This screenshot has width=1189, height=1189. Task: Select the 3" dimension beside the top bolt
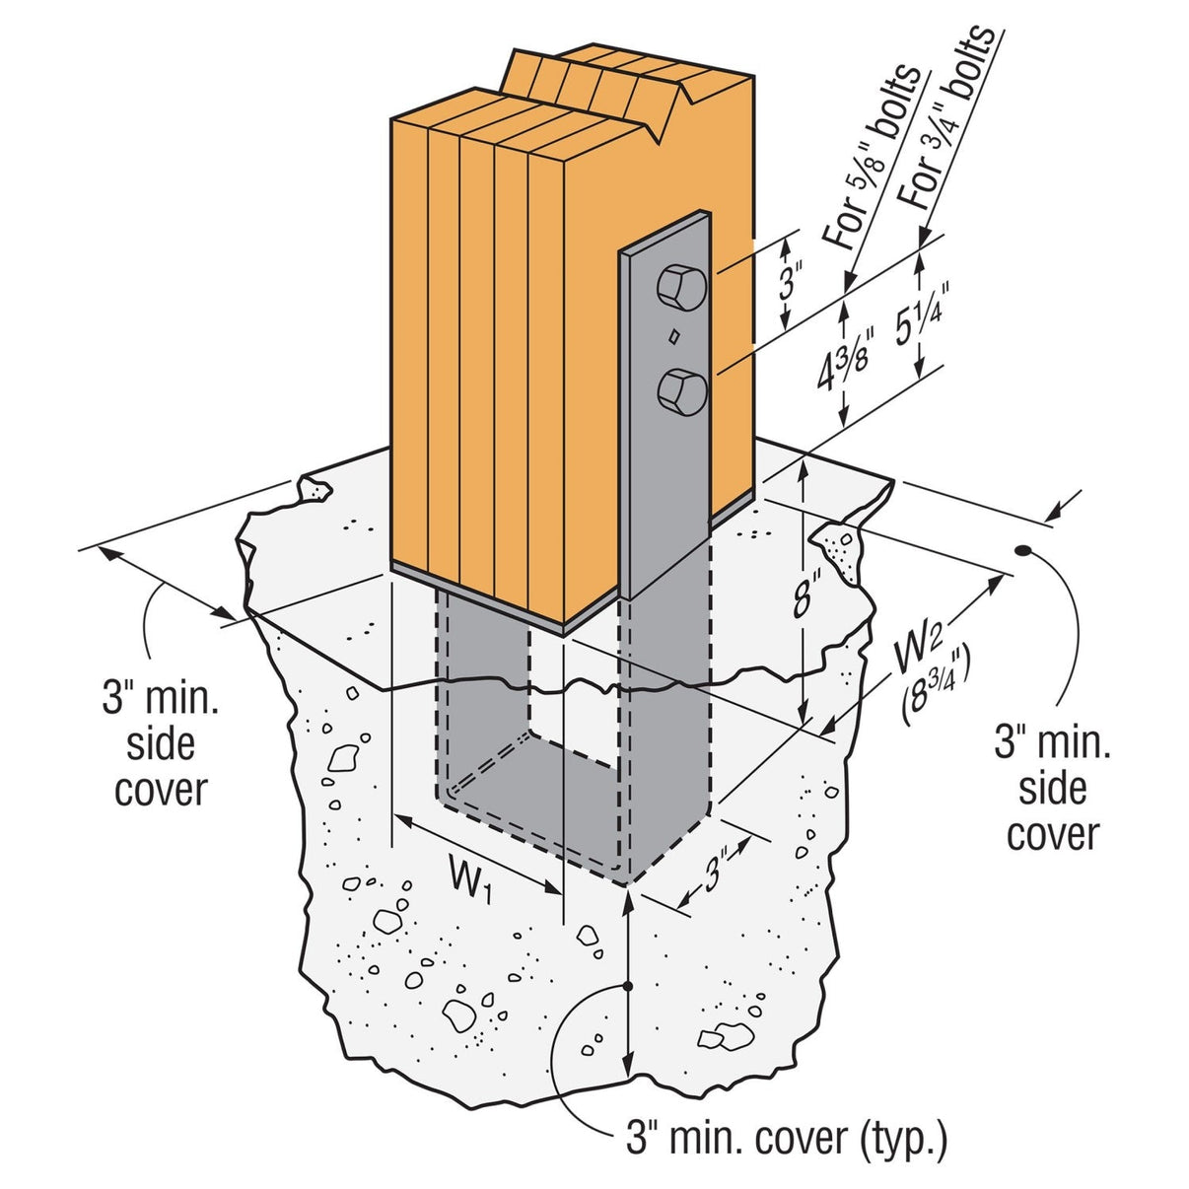789,281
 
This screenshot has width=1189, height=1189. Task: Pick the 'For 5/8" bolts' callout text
873,158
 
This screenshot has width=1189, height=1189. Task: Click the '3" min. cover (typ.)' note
786,1138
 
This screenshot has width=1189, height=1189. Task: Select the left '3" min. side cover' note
161,744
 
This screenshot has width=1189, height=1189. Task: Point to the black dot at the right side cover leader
1024,551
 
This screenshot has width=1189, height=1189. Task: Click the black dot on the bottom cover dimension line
627,985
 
